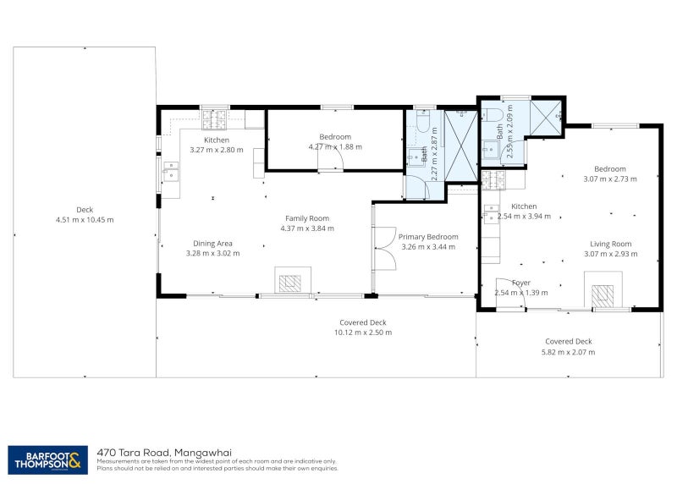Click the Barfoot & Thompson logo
(47, 459)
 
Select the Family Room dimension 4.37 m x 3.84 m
(309, 228)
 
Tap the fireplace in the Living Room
(603, 295)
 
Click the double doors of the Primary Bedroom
(383, 249)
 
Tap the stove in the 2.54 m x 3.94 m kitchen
(493, 179)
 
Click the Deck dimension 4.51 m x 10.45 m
(84, 220)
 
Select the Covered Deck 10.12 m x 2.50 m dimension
(363, 333)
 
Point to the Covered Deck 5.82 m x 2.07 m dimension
(568, 352)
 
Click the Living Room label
(610, 244)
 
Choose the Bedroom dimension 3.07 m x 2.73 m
(609, 179)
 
